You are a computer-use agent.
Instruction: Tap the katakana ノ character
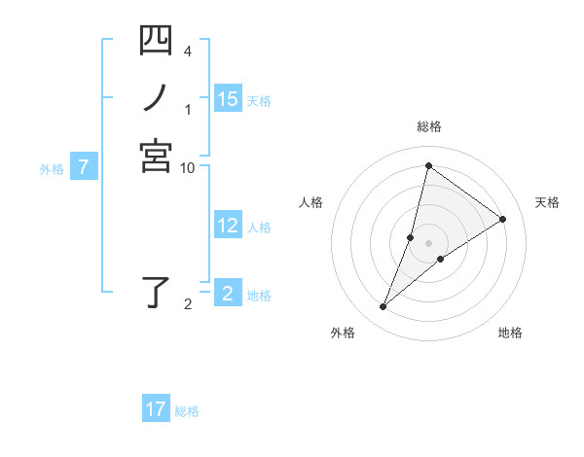[x=156, y=97]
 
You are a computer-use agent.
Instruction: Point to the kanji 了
[x=156, y=293]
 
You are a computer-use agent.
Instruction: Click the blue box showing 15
[x=228, y=98]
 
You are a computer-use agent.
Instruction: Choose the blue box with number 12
[x=228, y=226]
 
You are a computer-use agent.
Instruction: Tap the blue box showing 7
[x=84, y=167]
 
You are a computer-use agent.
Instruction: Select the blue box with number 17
[x=156, y=409]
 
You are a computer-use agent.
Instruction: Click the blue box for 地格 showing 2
[x=228, y=294]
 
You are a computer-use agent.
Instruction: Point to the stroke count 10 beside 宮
[x=188, y=167]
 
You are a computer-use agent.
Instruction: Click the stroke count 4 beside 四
[x=187, y=50]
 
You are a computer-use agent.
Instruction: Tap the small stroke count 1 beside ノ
[x=187, y=109]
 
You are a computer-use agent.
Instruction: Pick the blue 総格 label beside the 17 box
[x=187, y=411]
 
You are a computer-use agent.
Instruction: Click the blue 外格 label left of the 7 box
[x=52, y=168]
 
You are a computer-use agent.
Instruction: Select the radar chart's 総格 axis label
[x=428, y=126]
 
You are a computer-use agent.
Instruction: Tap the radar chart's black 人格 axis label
[x=310, y=202]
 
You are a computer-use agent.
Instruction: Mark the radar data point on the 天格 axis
[x=503, y=219]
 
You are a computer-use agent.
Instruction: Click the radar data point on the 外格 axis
[x=383, y=307]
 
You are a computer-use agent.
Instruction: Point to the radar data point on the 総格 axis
[x=428, y=166]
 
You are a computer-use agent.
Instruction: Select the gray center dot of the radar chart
[x=428, y=243]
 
